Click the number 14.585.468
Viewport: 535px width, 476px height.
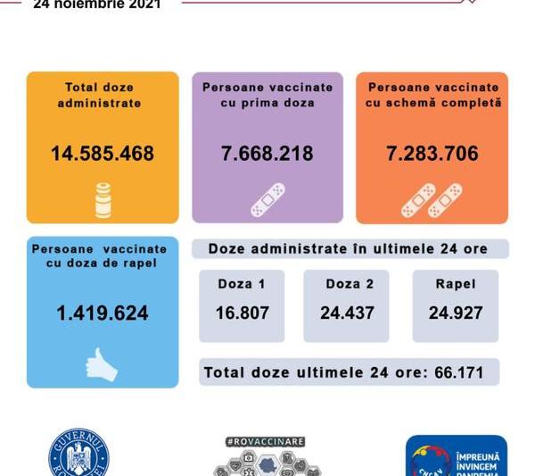click(x=102, y=154)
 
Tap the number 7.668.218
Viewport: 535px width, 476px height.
click(x=267, y=154)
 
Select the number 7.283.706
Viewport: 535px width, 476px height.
click(x=432, y=154)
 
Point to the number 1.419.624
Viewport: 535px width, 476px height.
click(x=102, y=313)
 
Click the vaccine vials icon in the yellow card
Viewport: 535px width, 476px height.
click(x=104, y=199)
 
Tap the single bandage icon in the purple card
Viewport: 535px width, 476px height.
click(x=267, y=200)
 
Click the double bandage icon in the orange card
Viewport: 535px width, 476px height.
click(x=432, y=200)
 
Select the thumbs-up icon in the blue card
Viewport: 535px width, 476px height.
click(x=102, y=363)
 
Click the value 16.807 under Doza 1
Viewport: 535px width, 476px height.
click(x=242, y=313)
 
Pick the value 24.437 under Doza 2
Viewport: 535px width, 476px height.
click(x=347, y=313)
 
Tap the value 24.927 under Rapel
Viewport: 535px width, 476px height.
click(x=456, y=313)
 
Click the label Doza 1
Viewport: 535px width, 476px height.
click(x=242, y=284)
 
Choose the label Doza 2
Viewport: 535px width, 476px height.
click(x=347, y=284)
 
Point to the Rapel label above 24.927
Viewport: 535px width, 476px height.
click(x=456, y=284)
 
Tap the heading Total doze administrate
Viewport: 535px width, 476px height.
click(x=102, y=95)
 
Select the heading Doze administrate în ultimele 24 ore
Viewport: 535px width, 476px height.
click(x=348, y=248)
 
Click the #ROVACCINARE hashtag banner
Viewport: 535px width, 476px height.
click(x=266, y=441)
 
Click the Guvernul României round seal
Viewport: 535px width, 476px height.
click(x=78, y=455)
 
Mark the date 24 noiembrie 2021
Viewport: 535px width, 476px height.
click(x=96, y=4)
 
